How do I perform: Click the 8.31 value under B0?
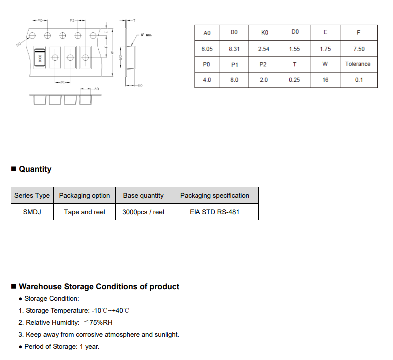[234, 49]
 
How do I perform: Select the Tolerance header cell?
[358, 64]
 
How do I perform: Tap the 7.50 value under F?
[358, 49]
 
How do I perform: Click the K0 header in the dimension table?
[265, 33]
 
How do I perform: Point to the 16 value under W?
[325, 80]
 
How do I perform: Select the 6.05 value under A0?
[207, 49]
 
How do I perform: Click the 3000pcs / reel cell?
[143, 212]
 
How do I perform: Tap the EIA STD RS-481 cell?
[214, 212]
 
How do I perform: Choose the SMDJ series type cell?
[32, 212]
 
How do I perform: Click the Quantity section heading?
[35, 169]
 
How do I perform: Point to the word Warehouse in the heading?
[40, 287]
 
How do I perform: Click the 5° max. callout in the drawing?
[146, 35]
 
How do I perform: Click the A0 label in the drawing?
[96, 88]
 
